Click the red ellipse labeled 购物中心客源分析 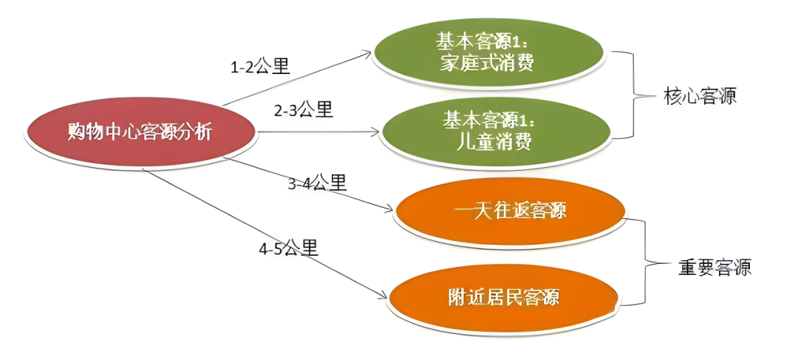(x=140, y=132)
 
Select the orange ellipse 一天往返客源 (x=510, y=211)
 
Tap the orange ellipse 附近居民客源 (x=503, y=297)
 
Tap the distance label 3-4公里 (x=317, y=183)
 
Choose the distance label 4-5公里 (x=288, y=248)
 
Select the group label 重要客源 (x=714, y=268)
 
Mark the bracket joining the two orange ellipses (x=647, y=264)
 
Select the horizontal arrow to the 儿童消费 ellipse (x=318, y=133)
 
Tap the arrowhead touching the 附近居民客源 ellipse (x=383, y=296)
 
